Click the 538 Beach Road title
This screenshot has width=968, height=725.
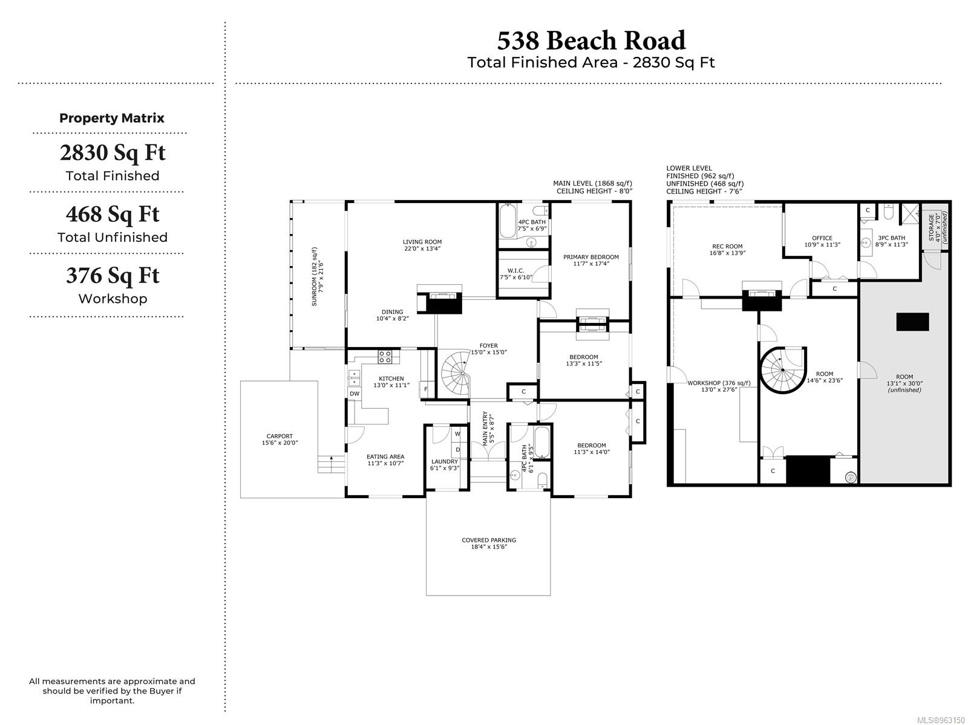pos(591,41)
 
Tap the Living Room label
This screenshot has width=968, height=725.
pos(422,245)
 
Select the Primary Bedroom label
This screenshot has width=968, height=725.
pos(591,260)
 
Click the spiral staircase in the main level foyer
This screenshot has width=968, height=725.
pos(455,373)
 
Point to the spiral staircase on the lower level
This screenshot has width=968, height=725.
pos(782,370)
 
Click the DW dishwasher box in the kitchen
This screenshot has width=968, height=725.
pos(355,394)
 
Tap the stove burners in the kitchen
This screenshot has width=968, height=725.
pos(385,357)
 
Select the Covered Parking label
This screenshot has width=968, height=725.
pos(489,544)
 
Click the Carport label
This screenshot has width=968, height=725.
pos(280,440)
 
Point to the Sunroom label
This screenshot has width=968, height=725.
pos(318,276)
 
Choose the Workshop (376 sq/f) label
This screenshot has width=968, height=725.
pos(719,386)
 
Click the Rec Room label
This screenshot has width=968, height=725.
pos(727,250)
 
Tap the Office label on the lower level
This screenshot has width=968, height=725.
pos(822,241)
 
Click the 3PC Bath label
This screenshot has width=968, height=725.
pos(891,241)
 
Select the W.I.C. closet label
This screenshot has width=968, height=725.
pos(515,274)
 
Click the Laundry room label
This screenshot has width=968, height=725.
pos(445,464)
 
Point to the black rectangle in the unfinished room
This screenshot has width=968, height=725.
pos(912,322)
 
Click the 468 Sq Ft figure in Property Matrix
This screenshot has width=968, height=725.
pos(113,214)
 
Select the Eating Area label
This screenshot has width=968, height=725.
pos(385,460)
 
